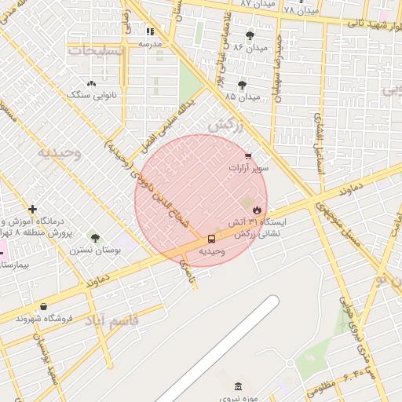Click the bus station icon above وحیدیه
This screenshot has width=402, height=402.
pyautogui.click(x=212, y=239)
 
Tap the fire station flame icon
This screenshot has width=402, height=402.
pyautogui.click(x=257, y=209)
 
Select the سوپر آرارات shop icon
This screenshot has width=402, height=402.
pyautogui.click(x=248, y=156)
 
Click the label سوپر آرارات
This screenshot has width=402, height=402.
pyautogui.click(x=248, y=168)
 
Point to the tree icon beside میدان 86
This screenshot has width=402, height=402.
pyautogui.click(x=250, y=35)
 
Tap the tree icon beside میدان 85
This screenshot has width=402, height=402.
pyautogui.click(x=242, y=84)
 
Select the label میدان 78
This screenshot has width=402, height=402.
pyautogui.click(x=301, y=10)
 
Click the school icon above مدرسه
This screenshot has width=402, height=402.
pyautogui.click(x=150, y=31)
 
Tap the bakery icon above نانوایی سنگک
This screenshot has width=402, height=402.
pyautogui.click(x=92, y=82)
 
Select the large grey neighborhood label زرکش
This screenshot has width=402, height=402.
pyautogui.click(x=226, y=126)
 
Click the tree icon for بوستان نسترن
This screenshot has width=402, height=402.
pyautogui.click(x=95, y=238)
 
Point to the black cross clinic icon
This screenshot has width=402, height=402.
pyautogui.click(x=32, y=209)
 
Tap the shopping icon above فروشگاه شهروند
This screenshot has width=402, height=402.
pyautogui.click(x=42, y=306)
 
